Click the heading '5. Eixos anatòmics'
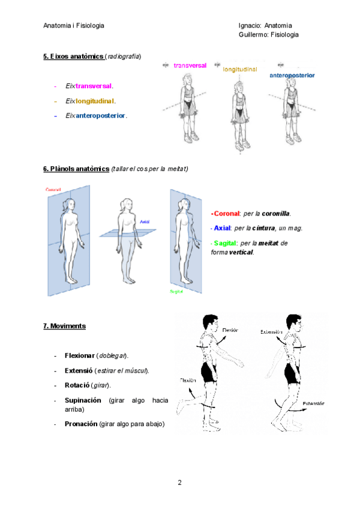(73, 56)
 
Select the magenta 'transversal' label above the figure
(190, 65)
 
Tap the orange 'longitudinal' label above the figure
(240, 70)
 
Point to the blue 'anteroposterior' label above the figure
(292, 76)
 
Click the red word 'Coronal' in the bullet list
(226, 214)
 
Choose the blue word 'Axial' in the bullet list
(222, 228)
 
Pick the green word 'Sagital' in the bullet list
(224, 243)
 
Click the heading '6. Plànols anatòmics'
(76, 169)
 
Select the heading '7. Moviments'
(64, 326)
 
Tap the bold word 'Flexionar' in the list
(79, 355)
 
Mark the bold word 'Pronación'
(80, 424)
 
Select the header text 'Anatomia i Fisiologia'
(74, 26)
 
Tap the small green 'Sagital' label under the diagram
(176, 292)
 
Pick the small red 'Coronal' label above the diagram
(54, 190)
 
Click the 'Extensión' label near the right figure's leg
(313, 403)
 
